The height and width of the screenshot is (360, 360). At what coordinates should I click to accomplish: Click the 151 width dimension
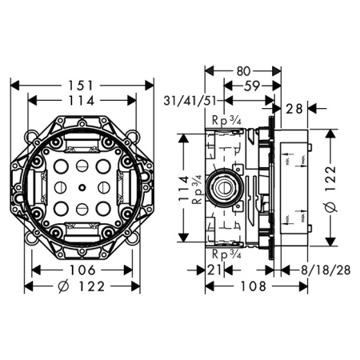pyautogui.click(x=82, y=84)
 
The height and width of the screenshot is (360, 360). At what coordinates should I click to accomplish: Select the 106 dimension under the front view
pyautogui.click(x=82, y=270)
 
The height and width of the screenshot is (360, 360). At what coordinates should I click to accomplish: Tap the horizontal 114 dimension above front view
pyautogui.click(x=82, y=101)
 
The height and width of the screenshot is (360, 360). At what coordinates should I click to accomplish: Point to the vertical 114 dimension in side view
pyautogui.click(x=184, y=188)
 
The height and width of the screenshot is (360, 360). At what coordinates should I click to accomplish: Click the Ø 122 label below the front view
pyautogui.click(x=82, y=286)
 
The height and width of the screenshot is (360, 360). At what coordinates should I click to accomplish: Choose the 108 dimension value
pyautogui.click(x=240, y=286)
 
